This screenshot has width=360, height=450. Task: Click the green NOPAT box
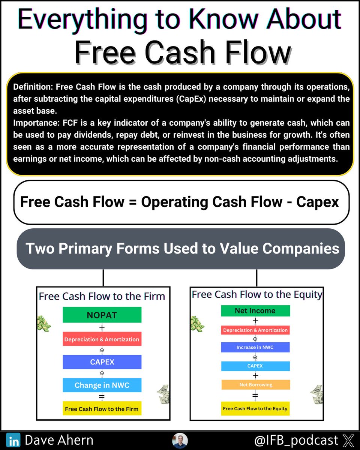[102, 315]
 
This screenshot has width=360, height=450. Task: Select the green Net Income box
[255, 311]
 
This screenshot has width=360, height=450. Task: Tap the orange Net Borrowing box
[255, 385]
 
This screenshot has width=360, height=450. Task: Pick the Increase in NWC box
[255, 347]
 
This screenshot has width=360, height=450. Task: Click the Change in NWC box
[102, 385]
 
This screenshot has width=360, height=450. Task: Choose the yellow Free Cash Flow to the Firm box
[102, 409]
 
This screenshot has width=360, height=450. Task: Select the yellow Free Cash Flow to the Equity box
[255, 408]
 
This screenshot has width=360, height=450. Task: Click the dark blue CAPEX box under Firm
[102, 362]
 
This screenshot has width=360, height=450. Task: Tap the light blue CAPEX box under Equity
[255, 366]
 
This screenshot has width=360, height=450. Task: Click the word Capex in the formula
[318, 202]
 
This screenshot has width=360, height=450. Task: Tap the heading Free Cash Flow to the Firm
[102, 296]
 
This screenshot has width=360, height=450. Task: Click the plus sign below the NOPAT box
[102, 327]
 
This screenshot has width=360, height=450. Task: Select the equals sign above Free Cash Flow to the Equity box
[255, 396]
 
